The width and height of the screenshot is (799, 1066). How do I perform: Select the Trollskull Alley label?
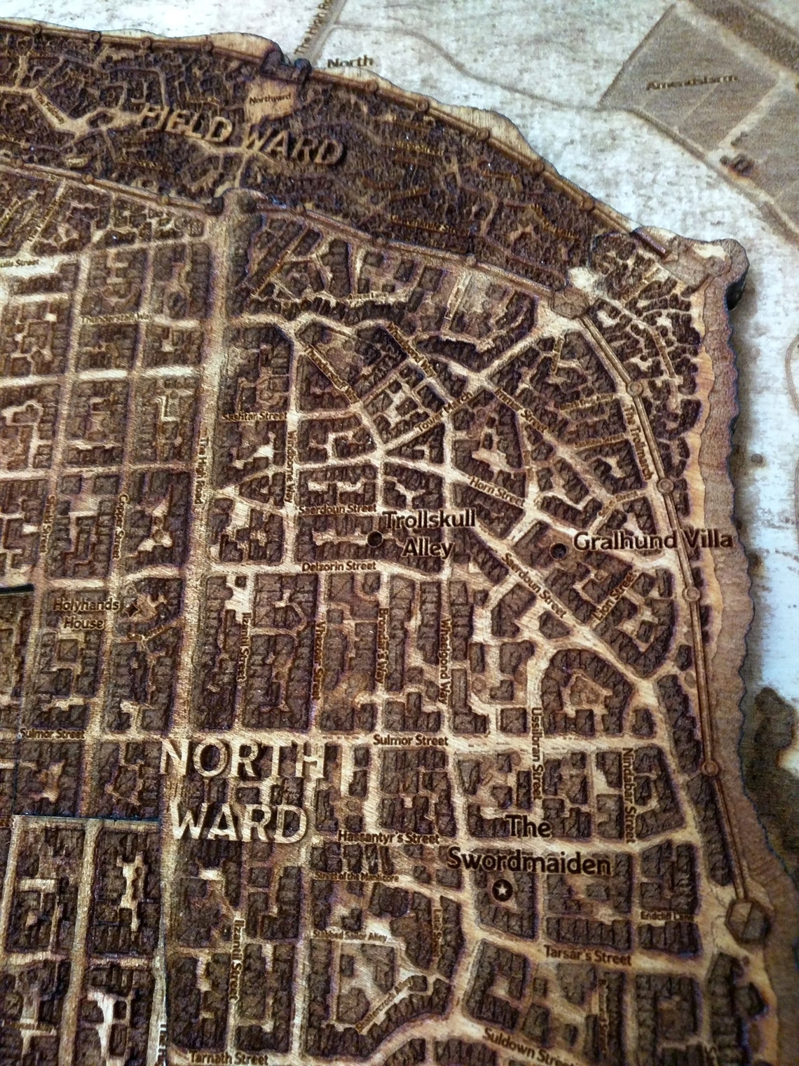[429, 532]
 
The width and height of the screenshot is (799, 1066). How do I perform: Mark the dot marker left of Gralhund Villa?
[559, 550]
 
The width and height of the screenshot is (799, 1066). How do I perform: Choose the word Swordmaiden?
[529, 863]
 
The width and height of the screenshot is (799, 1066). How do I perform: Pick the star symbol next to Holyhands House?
[130, 607]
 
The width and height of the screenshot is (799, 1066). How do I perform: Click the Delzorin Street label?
[337, 566]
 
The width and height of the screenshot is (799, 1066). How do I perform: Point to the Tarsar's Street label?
[587, 957]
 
